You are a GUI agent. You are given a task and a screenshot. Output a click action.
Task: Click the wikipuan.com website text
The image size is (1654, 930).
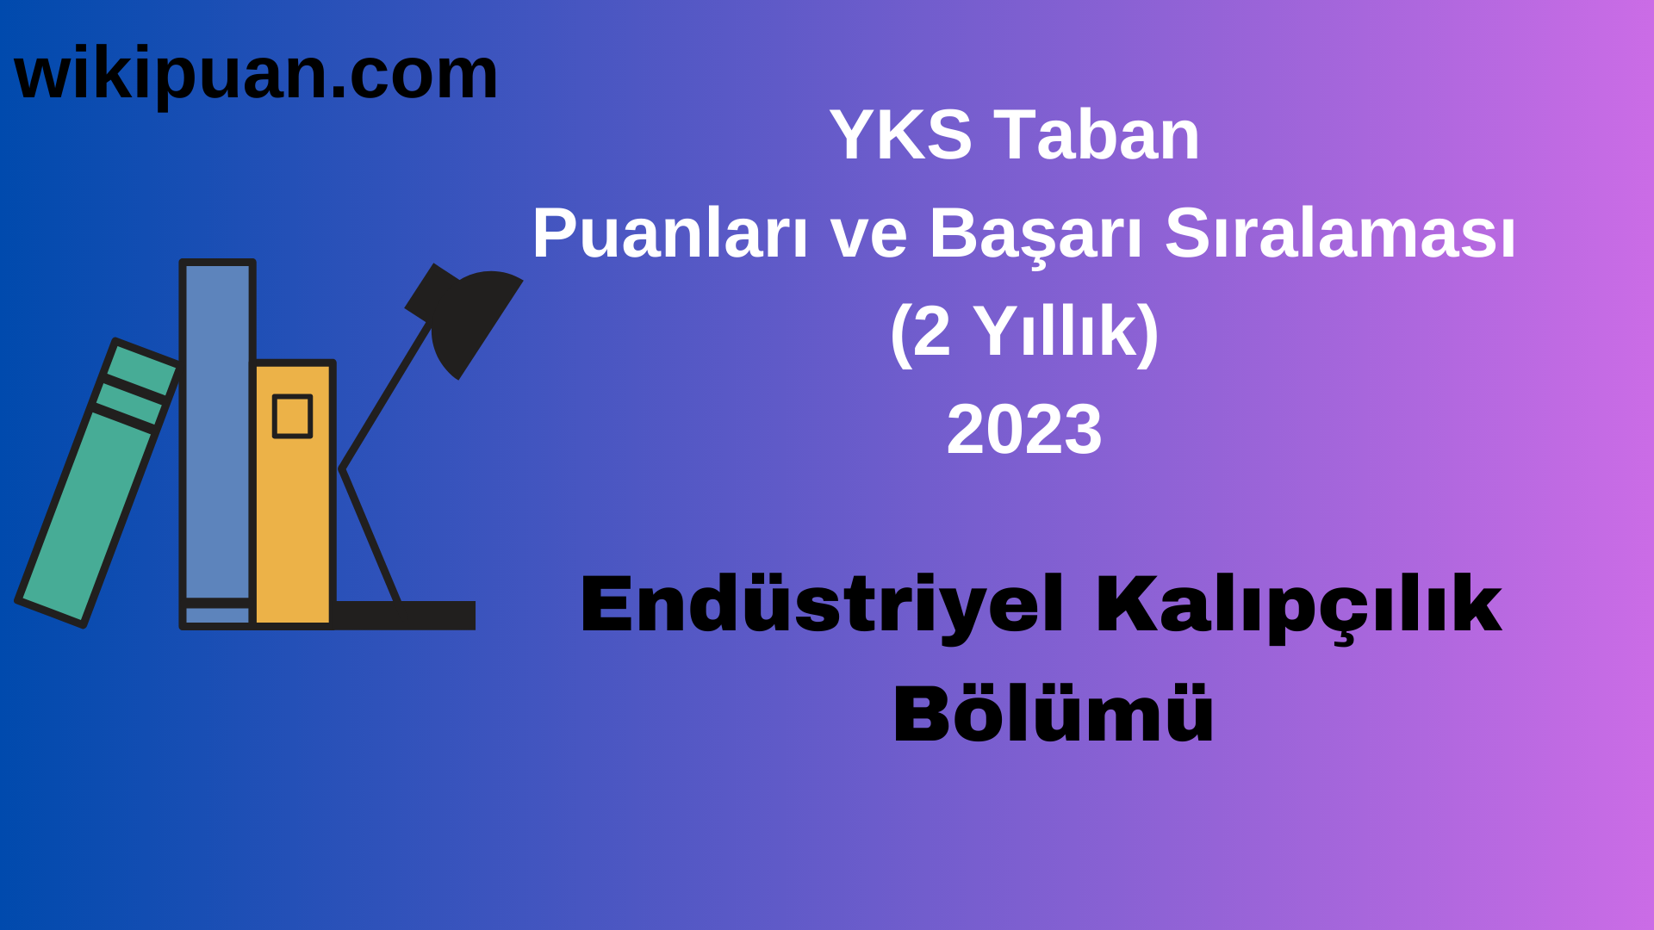pyautogui.click(x=256, y=75)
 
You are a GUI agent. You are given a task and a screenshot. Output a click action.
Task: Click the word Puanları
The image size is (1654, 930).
pyautogui.click(x=669, y=233)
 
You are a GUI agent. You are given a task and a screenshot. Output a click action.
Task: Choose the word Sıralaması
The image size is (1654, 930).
pyautogui.click(x=1340, y=233)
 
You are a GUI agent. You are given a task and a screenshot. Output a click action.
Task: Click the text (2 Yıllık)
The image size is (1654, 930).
pyautogui.click(x=1023, y=332)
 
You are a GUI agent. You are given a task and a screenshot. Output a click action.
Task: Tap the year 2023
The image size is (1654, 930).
pyautogui.click(x=1023, y=430)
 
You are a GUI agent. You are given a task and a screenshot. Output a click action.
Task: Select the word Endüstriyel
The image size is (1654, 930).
pyautogui.click(x=822, y=605)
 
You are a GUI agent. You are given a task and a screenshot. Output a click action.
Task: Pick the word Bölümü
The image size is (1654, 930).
pyautogui.click(x=1053, y=715)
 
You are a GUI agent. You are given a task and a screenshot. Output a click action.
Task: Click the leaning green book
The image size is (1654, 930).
pyautogui.click(x=86, y=508)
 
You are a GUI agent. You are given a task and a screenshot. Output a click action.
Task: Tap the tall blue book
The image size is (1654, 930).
pyautogui.click(x=217, y=431)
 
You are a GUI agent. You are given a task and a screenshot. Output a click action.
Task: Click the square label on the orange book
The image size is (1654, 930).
pyautogui.click(x=292, y=417)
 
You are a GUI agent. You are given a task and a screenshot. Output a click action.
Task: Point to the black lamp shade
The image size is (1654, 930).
pyautogui.click(x=474, y=319)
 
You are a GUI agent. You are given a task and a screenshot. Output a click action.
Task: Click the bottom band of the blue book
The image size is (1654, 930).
pyautogui.click(x=217, y=615)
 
